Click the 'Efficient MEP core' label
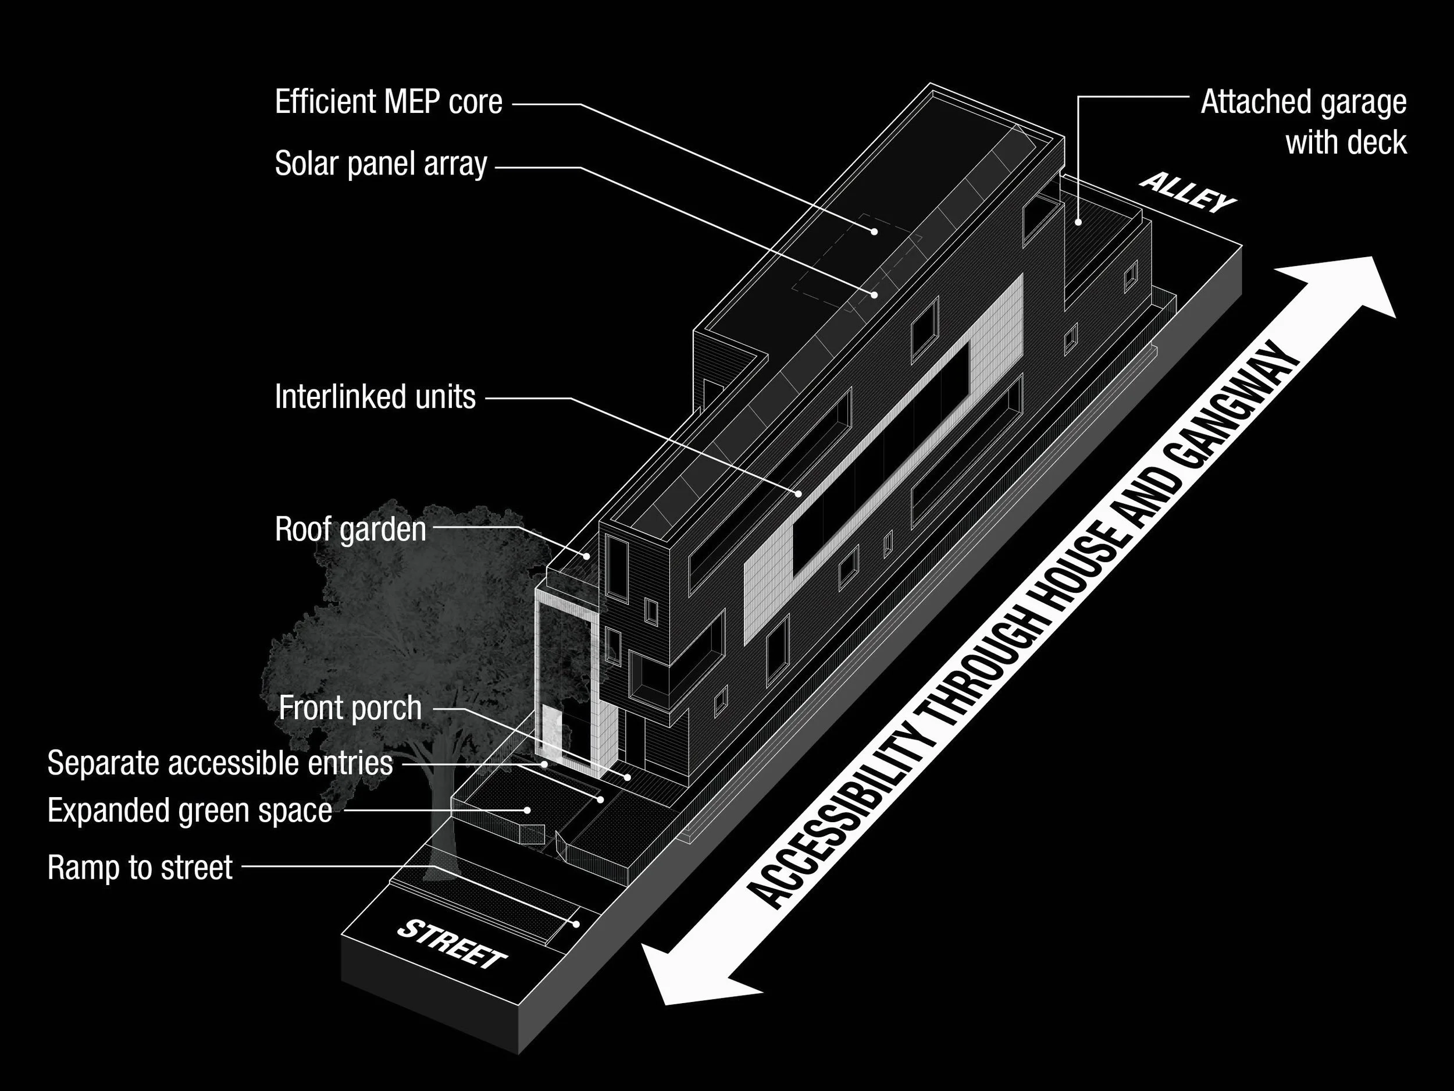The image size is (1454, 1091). pyautogui.click(x=389, y=102)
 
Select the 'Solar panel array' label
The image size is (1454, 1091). pyautogui.click(x=380, y=164)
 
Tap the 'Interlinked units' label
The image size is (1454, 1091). pyautogui.click(x=375, y=397)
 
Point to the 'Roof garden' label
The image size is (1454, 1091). pyautogui.click(x=350, y=529)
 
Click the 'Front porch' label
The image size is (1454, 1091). pyautogui.click(x=350, y=708)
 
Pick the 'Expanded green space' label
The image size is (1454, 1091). pyautogui.click(x=189, y=810)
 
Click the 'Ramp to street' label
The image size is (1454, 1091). pyautogui.click(x=140, y=868)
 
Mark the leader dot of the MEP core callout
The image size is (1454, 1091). pyautogui.click(x=874, y=232)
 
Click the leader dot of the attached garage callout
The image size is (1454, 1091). pyautogui.click(x=1078, y=222)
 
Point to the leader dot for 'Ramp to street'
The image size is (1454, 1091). pyautogui.click(x=576, y=924)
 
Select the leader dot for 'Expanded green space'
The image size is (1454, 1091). pyautogui.click(x=527, y=810)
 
